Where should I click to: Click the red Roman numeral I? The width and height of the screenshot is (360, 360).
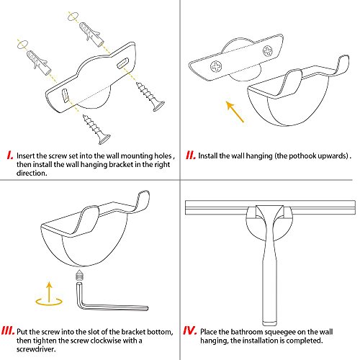[10, 156]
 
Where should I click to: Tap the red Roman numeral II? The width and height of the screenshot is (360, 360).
[191, 156]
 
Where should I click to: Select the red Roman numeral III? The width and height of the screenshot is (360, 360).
[8, 330]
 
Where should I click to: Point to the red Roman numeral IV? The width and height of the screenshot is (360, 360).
[190, 330]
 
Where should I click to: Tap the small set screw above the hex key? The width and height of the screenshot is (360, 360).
[79, 275]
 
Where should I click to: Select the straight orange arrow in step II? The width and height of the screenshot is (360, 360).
[235, 112]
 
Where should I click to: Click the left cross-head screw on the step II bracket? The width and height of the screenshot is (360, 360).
[216, 66]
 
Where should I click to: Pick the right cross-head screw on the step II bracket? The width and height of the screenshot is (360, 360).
[268, 51]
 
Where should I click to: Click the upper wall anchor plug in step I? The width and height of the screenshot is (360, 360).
[92, 34]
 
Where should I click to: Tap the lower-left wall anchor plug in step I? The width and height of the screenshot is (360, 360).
[39, 63]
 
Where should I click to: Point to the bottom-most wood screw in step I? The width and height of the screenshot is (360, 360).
[96, 130]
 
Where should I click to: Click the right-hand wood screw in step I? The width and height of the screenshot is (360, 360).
[150, 96]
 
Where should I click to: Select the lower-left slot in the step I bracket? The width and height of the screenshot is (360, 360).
[65, 96]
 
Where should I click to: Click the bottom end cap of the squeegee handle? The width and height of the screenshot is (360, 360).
[271, 323]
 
